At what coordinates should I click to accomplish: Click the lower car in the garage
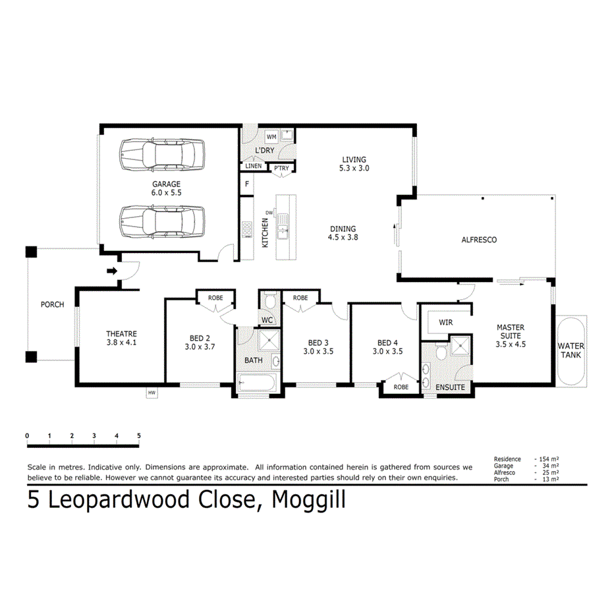point(161,222)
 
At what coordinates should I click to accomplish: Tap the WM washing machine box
point(271,137)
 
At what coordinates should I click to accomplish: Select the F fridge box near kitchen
point(247,184)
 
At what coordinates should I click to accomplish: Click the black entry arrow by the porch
point(112,271)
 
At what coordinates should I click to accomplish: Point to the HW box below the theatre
point(152,393)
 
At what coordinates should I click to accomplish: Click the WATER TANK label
point(570,350)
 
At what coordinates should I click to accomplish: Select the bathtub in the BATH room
point(259,383)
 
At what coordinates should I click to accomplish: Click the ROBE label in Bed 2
point(215,298)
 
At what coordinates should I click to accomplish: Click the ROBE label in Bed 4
point(401,387)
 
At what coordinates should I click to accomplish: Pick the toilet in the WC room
point(268,302)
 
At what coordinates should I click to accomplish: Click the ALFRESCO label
point(479,240)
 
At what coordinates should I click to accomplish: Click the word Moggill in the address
point(304,501)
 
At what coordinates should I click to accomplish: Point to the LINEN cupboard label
point(254,166)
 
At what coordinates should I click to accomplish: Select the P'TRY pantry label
point(281,169)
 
